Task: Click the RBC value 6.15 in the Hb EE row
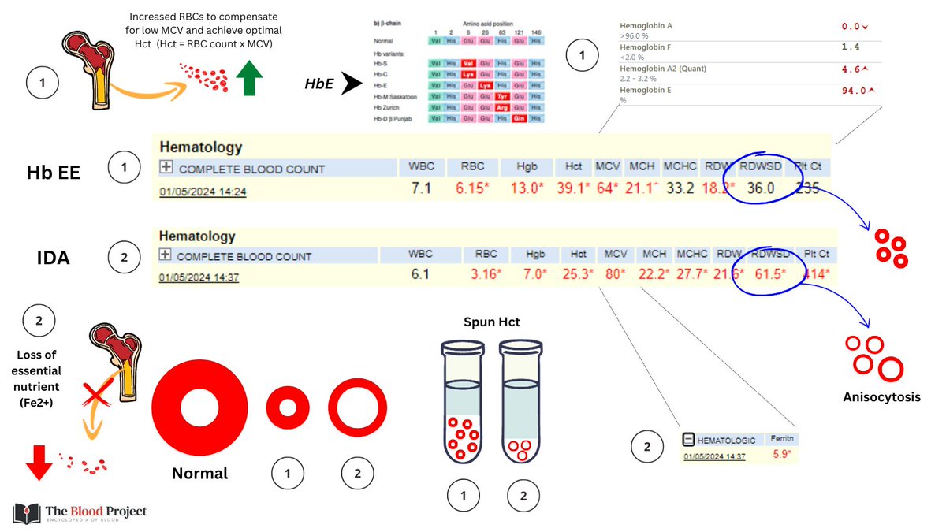pyautogui.click(x=472, y=189)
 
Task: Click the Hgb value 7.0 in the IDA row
pyautogui.click(x=535, y=275)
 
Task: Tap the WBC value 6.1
pyautogui.click(x=419, y=275)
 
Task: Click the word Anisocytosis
pyautogui.click(x=882, y=397)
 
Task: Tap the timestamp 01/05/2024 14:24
pyautogui.click(x=203, y=191)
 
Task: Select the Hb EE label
pyautogui.click(x=54, y=173)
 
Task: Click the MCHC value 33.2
pyautogui.click(x=679, y=189)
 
